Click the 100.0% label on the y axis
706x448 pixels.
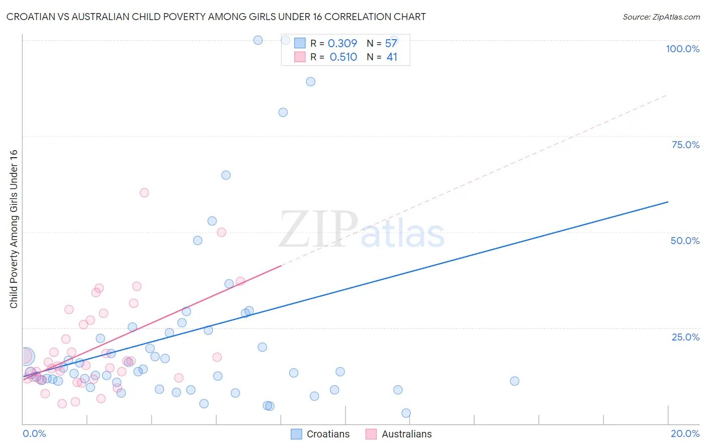pos(682,49)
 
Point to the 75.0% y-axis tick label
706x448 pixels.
pos(685,145)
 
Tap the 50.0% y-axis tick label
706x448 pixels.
pos(685,241)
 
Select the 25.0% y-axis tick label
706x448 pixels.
pos(685,337)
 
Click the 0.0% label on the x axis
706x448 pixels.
pos(34,433)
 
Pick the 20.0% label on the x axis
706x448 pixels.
pos(685,433)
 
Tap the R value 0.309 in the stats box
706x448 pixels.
pos(342,44)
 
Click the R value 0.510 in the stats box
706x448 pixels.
pos(343,57)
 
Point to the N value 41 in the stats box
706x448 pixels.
pos(392,57)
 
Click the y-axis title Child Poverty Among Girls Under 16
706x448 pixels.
pos(14,229)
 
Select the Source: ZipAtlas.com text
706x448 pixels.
pos(661,17)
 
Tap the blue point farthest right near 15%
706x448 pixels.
pos(514,381)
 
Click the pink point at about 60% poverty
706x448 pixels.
pos(144,193)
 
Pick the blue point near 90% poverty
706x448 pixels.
pos(310,82)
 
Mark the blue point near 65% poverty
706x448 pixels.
pos(226,175)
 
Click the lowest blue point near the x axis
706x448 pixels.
pos(406,413)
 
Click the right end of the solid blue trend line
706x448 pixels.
pos(668,202)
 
